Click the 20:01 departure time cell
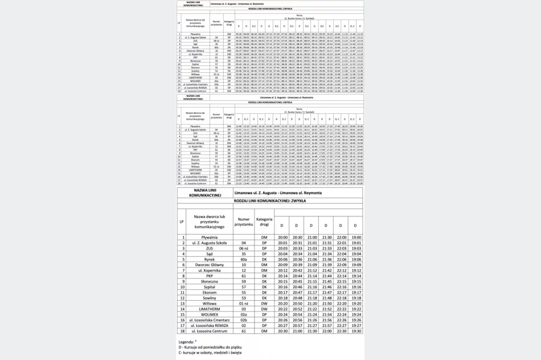pyautogui.click(x=281, y=243)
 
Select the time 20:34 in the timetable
pyautogui.click(x=296, y=254)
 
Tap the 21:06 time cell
pyautogui.click(x=312, y=260)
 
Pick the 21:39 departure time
pyautogui.click(x=326, y=265)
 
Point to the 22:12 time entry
pyautogui.click(x=342, y=271)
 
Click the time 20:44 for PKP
pyautogui.click(x=296, y=276)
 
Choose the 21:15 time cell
pyautogui.click(x=312, y=282)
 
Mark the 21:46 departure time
pyautogui.click(x=326, y=288)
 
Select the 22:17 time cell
pyautogui.click(x=342, y=293)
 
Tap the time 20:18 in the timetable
pyautogui.click(x=281, y=298)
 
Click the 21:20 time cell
pyautogui.click(x=312, y=304)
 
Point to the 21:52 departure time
pyautogui.click(x=326, y=309)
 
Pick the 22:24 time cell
pyautogui.click(x=342, y=315)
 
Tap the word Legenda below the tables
pyautogui.click(x=187, y=342)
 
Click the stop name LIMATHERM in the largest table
pyautogui.click(x=210, y=309)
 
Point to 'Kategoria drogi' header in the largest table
pyautogui.click(x=264, y=223)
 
